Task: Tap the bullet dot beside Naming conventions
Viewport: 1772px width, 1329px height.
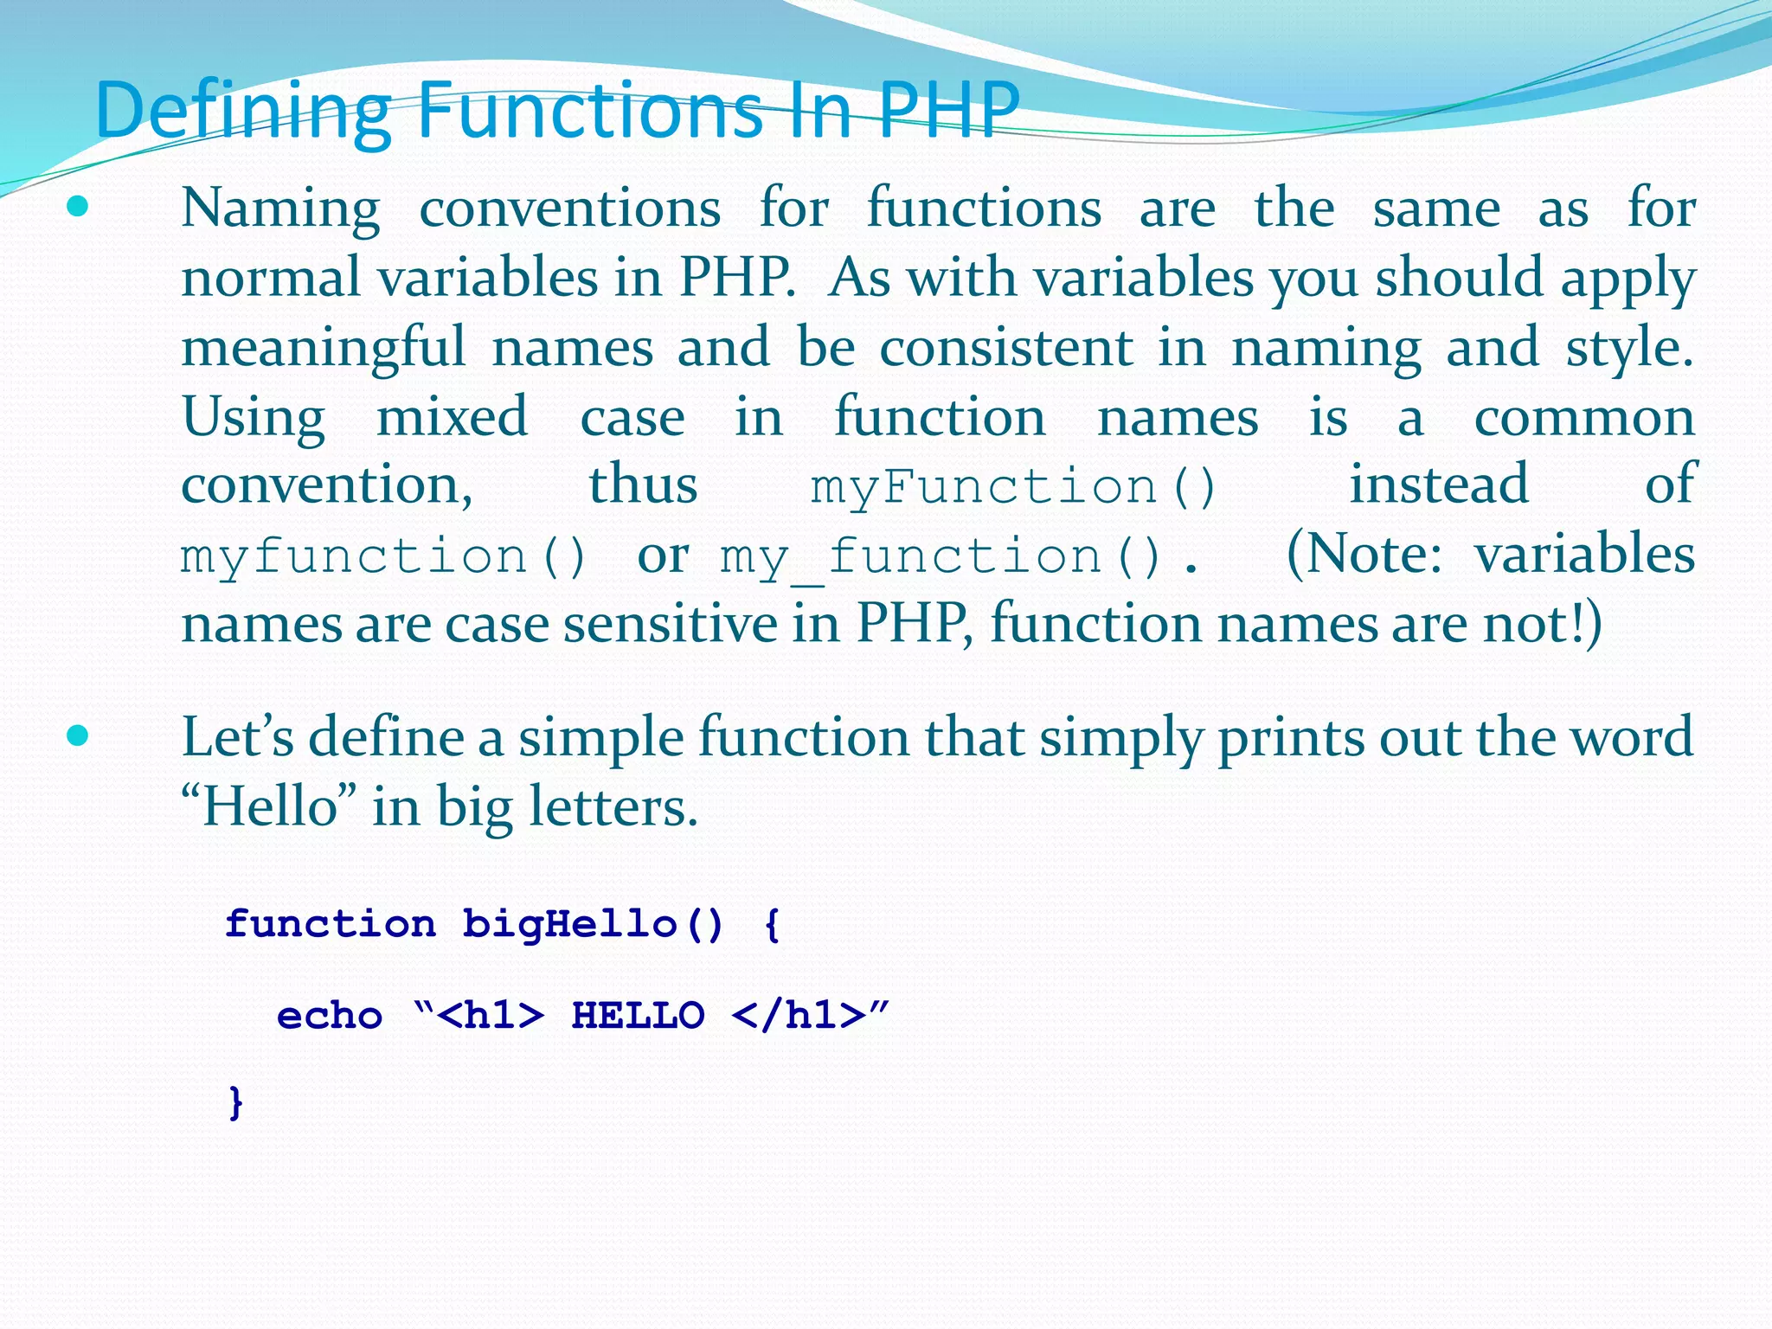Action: point(78,207)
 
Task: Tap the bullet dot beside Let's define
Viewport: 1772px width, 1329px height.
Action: point(78,736)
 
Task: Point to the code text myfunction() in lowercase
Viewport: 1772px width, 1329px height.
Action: point(384,555)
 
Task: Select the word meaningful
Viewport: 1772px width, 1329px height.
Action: point(324,349)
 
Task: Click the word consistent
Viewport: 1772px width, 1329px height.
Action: point(1005,347)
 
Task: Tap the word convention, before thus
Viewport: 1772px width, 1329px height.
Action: point(326,485)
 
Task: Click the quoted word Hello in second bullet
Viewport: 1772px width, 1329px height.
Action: point(270,806)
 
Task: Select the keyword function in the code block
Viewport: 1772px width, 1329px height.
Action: point(331,924)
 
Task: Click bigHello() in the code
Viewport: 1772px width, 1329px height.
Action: point(593,924)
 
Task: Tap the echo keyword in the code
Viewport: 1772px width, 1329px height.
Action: point(330,1016)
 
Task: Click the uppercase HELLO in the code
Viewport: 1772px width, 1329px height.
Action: point(638,1016)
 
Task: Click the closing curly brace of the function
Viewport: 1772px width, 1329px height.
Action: point(235,1103)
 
